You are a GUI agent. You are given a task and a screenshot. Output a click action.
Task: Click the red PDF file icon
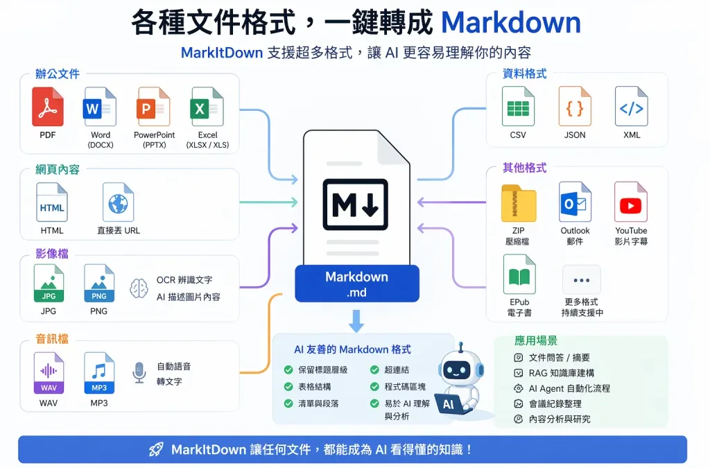click(48, 107)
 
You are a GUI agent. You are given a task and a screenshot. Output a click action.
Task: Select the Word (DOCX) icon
click(100, 107)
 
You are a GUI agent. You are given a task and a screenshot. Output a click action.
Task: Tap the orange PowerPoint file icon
click(153, 107)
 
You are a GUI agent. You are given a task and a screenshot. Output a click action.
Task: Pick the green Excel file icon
click(207, 107)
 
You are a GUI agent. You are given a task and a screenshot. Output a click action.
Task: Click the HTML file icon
click(52, 202)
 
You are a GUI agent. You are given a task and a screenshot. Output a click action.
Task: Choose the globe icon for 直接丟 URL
click(118, 202)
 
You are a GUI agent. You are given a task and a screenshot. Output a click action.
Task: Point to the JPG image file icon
click(49, 283)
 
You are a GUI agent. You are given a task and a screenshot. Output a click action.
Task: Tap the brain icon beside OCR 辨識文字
click(139, 288)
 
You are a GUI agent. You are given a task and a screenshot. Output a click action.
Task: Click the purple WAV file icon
click(49, 372)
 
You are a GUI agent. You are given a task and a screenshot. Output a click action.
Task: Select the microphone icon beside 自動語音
click(139, 373)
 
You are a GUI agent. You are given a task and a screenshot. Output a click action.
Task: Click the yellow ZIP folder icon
click(519, 202)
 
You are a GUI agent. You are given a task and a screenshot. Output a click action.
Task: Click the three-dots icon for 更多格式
click(581, 280)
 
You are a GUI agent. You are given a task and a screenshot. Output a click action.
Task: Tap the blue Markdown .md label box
click(357, 284)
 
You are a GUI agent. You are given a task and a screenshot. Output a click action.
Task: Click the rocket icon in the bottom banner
click(157, 449)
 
